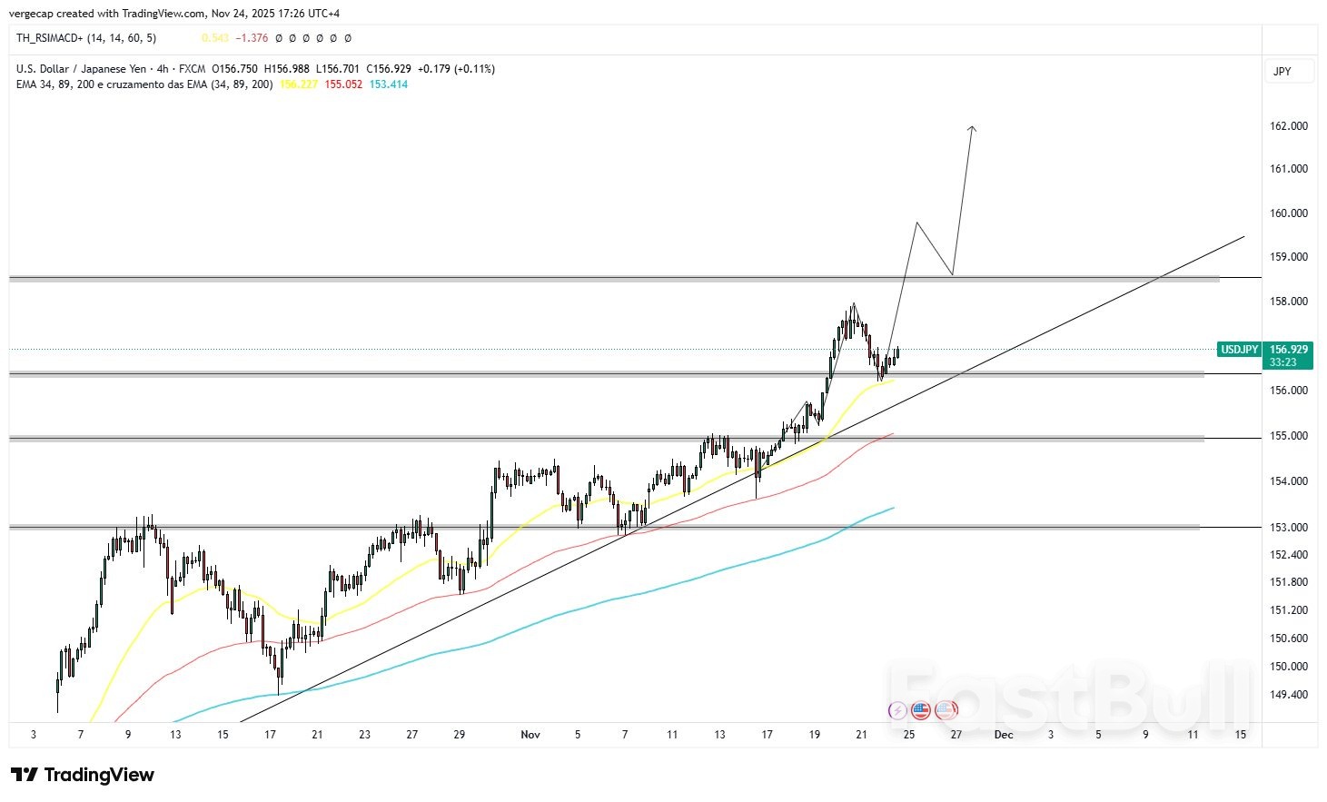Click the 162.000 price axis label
pos(1288,125)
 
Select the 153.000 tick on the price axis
pos(1288,527)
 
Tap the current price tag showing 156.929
pos(1288,349)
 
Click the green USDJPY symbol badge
pos(1239,350)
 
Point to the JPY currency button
pos(1282,71)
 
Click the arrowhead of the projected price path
pos(972,129)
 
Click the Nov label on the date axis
pos(530,734)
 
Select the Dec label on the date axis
pos(1003,734)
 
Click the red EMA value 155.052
pos(343,84)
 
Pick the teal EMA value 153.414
pos(389,84)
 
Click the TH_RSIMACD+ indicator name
pos(50,38)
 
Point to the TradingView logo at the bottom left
pos(83,775)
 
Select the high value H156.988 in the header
pos(286,69)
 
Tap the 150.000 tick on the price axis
pos(1288,666)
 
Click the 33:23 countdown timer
pos(1282,362)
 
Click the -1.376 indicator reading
pos(252,38)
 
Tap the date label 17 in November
pos(767,734)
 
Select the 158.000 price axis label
pos(1288,301)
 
